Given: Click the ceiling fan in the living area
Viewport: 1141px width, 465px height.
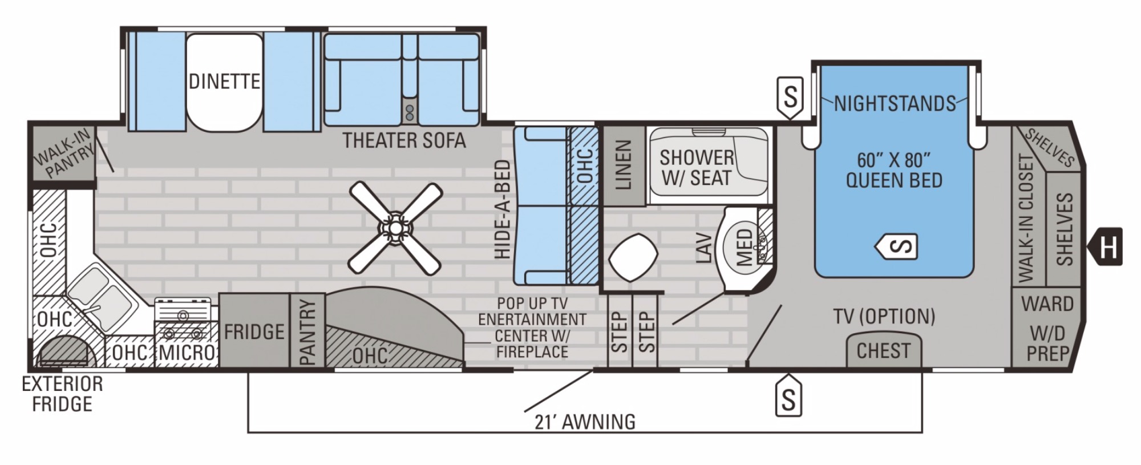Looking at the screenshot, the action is [395, 227].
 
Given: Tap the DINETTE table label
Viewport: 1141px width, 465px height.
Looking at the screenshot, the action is [224, 82].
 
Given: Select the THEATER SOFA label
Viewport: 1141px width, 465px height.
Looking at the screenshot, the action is [404, 140].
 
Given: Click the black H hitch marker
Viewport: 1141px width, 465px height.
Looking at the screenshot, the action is [1106, 247].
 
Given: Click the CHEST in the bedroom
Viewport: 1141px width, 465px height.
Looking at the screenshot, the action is [883, 350].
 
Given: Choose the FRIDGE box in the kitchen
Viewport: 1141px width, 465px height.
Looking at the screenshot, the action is [254, 331].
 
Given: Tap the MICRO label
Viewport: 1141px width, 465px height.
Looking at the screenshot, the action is [186, 352].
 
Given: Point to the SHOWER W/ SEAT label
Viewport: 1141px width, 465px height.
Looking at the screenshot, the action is [696, 167].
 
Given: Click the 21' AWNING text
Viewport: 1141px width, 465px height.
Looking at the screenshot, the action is [585, 422].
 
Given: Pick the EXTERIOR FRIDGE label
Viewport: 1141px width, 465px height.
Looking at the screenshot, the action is [62, 394].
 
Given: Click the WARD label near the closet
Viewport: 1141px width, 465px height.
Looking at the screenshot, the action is [1047, 304].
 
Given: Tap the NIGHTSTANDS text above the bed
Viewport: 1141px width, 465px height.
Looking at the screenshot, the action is [895, 104].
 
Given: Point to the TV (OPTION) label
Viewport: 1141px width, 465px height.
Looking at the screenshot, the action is [884, 316].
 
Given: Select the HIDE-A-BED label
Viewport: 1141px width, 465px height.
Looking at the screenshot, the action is [502, 209].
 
